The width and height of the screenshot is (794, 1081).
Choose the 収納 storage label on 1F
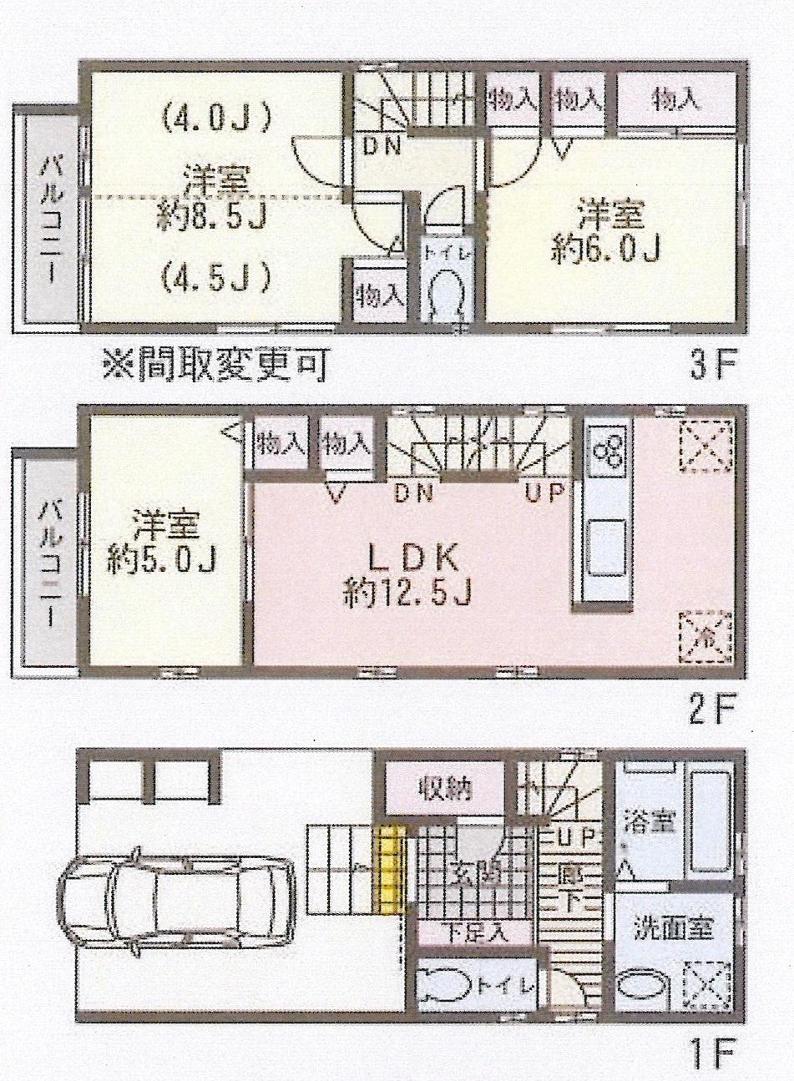[445, 786]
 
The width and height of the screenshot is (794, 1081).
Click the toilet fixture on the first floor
[443, 986]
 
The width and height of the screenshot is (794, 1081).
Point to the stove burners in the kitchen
[606, 454]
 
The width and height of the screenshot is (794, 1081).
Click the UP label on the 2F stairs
[547, 492]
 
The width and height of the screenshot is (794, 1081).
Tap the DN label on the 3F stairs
[382, 147]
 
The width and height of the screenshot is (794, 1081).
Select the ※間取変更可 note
[214, 366]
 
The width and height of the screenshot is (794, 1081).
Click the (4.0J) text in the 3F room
[217, 119]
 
